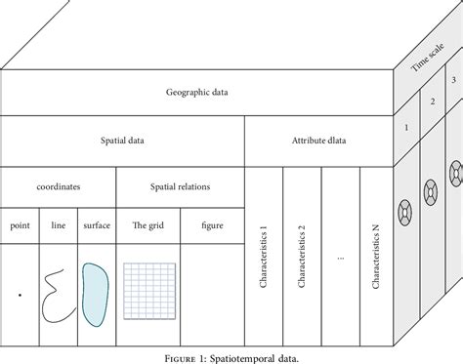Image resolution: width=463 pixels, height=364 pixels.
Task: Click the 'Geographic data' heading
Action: click(x=196, y=95)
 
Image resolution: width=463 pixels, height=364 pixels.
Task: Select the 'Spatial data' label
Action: click(x=123, y=142)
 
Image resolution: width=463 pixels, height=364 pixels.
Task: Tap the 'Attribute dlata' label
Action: click(x=318, y=142)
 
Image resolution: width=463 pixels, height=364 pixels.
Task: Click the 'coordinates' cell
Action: click(x=59, y=185)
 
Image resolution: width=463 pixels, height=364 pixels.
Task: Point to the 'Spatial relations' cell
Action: click(x=180, y=185)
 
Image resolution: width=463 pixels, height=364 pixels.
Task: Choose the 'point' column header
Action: click(x=20, y=226)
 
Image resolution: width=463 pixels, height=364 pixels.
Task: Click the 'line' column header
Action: click(x=59, y=226)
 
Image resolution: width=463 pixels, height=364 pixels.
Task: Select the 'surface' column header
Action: click(x=96, y=226)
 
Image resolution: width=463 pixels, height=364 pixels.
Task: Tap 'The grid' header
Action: click(x=147, y=226)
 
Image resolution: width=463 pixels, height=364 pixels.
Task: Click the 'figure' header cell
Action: click(x=211, y=226)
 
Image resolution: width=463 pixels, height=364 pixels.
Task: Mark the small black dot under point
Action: click(x=19, y=292)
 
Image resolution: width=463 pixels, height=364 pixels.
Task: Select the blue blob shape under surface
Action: click(x=95, y=287)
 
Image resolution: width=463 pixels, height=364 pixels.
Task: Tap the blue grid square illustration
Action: click(x=147, y=287)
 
